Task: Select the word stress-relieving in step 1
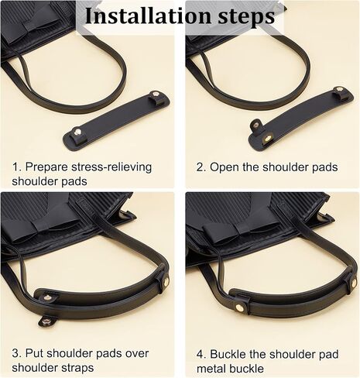pyautogui.click(x=111, y=167)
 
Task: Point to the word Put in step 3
pyautogui.click(x=34, y=353)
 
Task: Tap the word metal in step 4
pyautogui.click(x=210, y=369)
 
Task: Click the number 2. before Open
pyautogui.click(x=201, y=167)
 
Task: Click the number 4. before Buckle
pyautogui.click(x=201, y=354)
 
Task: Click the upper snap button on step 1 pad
pyautogui.click(x=156, y=94)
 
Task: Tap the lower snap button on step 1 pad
pyautogui.click(x=77, y=132)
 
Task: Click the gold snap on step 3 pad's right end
pyautogui.click(x=166, y=280)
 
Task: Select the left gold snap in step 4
pyautogui.click(x=240, y=307)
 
